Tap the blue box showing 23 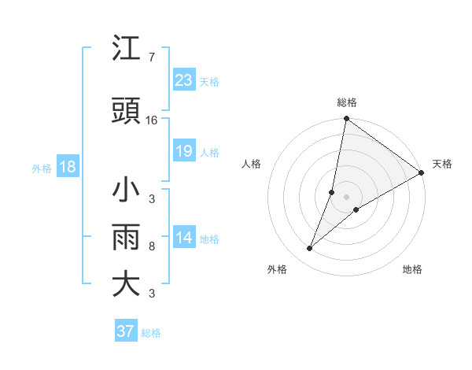coord(183,80)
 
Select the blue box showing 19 coord(183,151)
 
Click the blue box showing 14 coord(183,238)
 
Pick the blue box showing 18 coord(67,167)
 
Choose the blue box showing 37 coord(126,331)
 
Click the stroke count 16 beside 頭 coord(152,120)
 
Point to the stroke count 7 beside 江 coord(151,57)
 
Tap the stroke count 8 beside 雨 coord(151,246)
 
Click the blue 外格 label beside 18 coord(42,168)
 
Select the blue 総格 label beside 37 coord(151,333)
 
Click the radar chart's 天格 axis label coord(442,164)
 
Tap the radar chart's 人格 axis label coord(251,164)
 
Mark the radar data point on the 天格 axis coord(421,172)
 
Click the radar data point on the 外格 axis coord(310,249)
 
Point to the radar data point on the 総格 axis coord(346,120)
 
